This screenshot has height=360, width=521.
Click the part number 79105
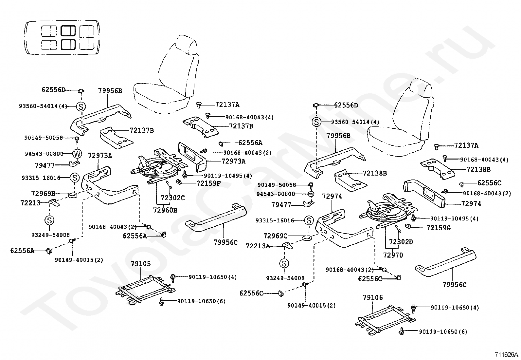point(141,264)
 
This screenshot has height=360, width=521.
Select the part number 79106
point(373,297)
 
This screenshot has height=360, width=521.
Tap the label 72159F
point(208,183)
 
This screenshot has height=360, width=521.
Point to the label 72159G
point(439,228)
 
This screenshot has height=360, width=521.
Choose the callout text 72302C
point(173,198)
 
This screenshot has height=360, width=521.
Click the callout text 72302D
point(401,242)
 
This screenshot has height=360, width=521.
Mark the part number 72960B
point(165,210)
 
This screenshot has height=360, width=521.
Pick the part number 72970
point(393,255)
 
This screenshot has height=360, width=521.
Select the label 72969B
point(44,194)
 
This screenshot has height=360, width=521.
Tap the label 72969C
point(276,236)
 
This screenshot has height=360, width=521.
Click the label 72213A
point(258,246)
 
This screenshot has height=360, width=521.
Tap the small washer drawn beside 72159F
point(179,181)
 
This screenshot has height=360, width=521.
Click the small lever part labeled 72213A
point(287,245)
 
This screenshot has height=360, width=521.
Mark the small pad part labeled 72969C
point(307,238)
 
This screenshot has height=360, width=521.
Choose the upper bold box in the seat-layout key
point(68,31)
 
